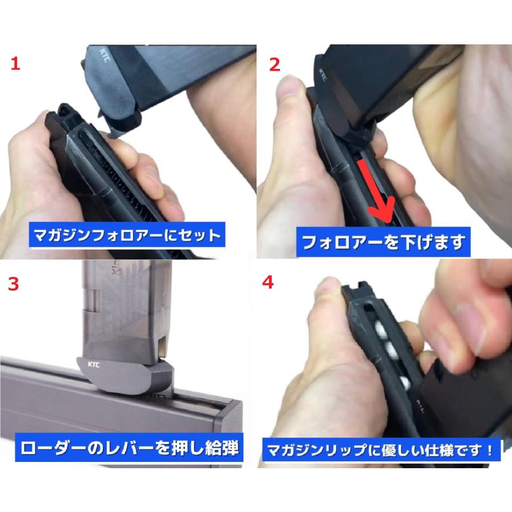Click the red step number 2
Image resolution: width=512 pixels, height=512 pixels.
pyautogui.click(x=275, y=64)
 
